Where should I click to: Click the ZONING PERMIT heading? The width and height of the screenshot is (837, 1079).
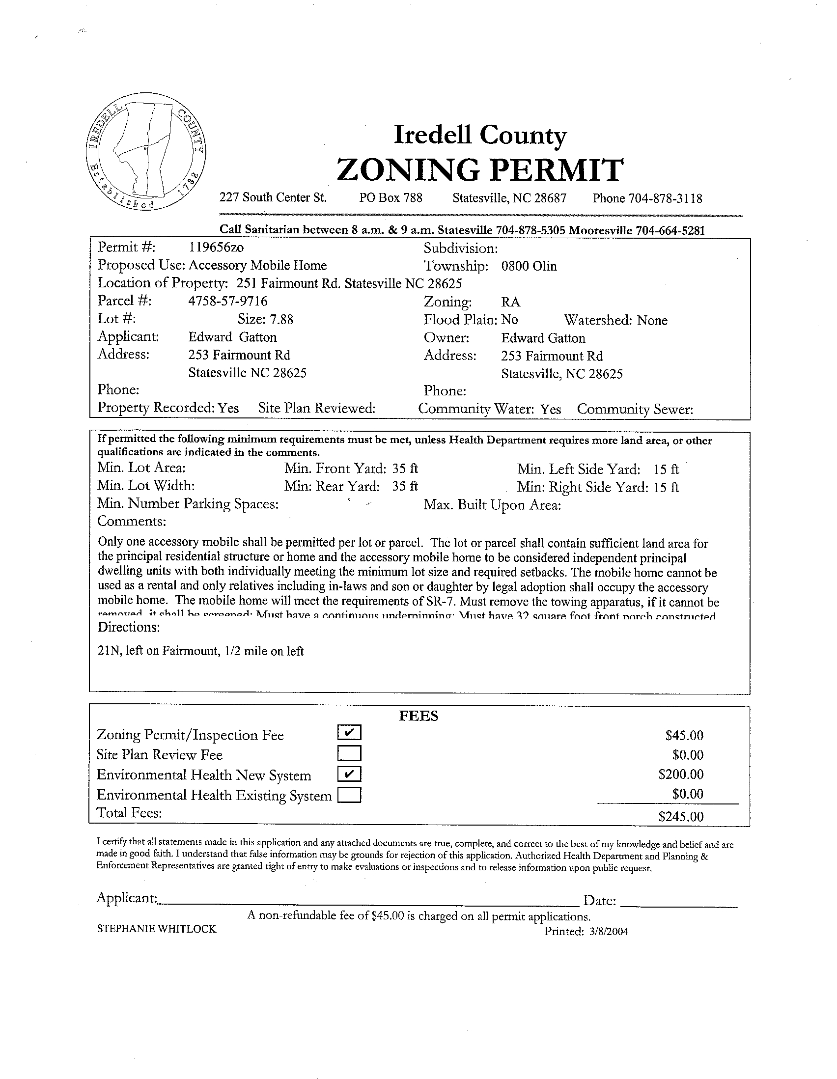(479, 169)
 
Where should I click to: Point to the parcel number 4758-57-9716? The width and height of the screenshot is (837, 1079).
(228, 301)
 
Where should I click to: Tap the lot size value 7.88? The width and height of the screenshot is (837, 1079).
(281, 320)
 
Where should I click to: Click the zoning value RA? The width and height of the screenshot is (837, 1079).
(510, 303)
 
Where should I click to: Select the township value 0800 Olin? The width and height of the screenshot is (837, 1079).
(529, 266)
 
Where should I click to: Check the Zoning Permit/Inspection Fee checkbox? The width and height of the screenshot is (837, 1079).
(349, 733)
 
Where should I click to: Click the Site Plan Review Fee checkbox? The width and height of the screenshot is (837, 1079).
(349, 753)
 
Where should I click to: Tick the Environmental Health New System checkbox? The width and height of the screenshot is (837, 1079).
(349, 774)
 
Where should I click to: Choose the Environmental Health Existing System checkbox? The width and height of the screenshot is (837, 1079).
(349, 795)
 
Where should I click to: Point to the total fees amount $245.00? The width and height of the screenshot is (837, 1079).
(680, 816)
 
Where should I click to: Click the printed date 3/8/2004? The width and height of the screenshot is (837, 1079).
(608, 932)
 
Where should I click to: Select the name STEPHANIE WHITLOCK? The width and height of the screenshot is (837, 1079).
(157, 929)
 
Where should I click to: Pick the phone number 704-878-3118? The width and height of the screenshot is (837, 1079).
(665, 198)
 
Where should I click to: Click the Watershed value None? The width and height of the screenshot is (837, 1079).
(652, 320)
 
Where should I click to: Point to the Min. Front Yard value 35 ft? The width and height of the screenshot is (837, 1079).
(405, 469)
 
